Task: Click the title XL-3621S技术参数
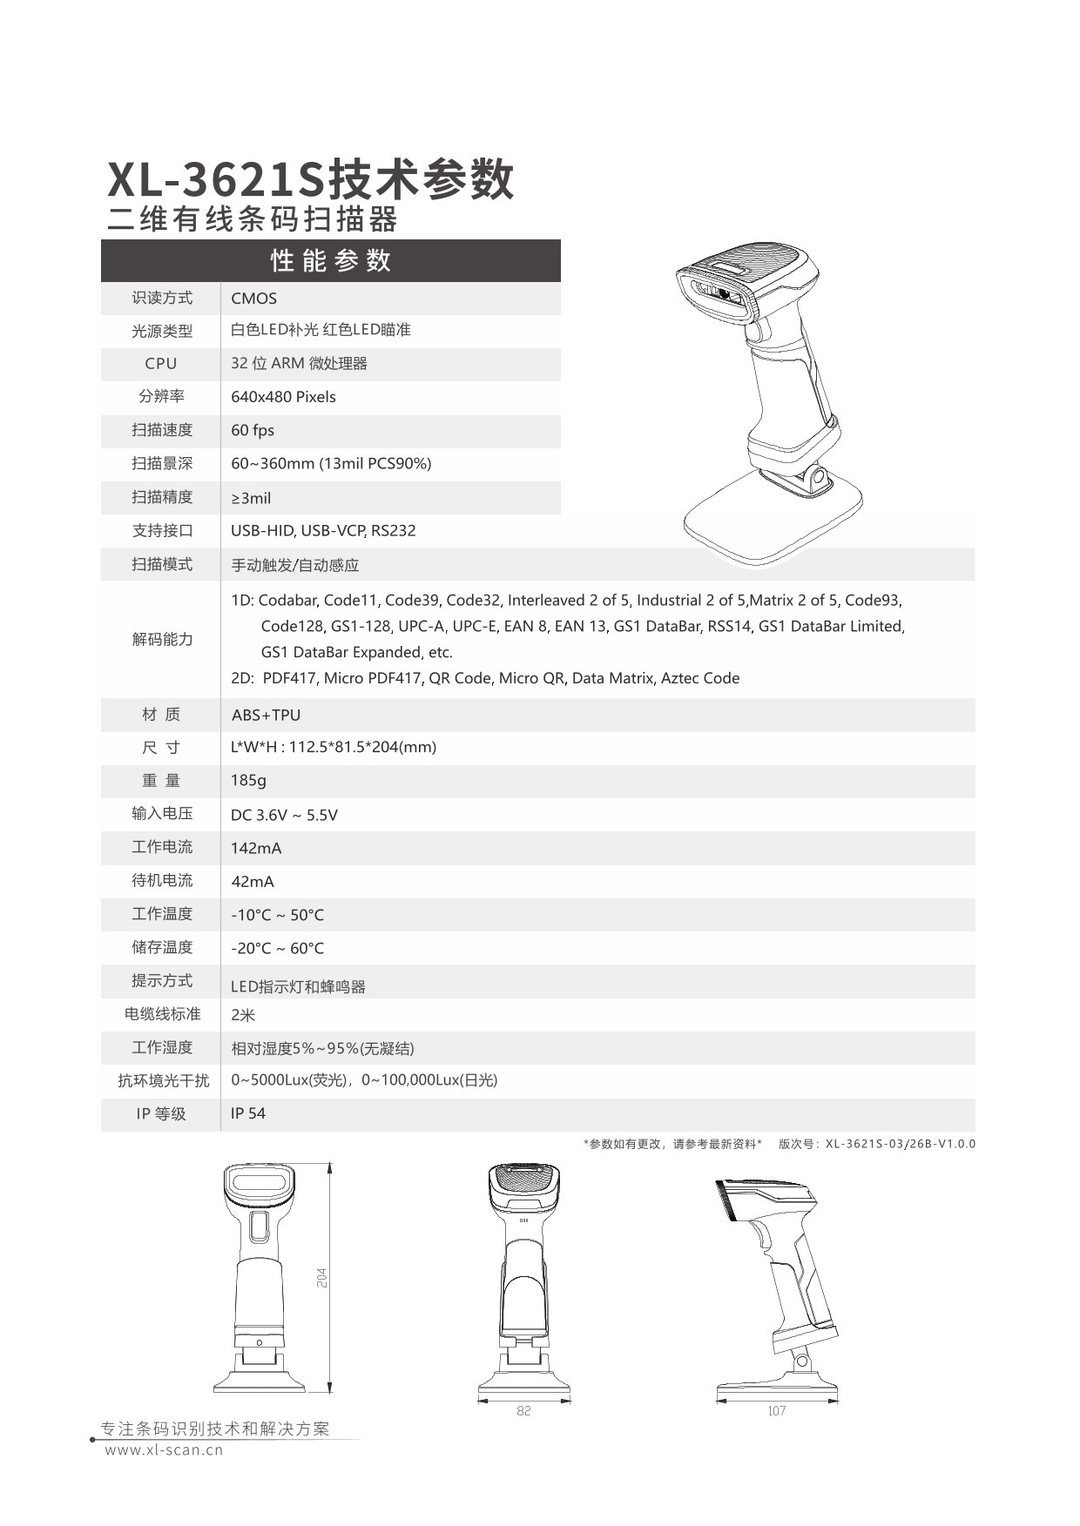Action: pos(311,180)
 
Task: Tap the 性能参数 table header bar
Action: pos(331,260)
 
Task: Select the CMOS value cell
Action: pos(254,298)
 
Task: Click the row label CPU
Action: pos(161,364)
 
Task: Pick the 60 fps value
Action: pos(253,430)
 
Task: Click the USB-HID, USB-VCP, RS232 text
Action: pos(323,530)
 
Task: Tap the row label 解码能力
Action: pos(162,639)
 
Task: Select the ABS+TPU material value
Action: pos(266,715)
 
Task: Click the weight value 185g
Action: pos(248,780)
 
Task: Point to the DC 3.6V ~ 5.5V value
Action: pos(284,815)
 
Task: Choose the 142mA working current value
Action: pos(256,848)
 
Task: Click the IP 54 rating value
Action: pos(248,1113)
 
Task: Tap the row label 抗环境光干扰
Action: pos(164,1080)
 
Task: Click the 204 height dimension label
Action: pos(322,1277)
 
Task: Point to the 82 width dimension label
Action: pos(523,1410)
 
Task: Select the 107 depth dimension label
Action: pos(777,1410)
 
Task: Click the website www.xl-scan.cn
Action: pos(165,1450)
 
